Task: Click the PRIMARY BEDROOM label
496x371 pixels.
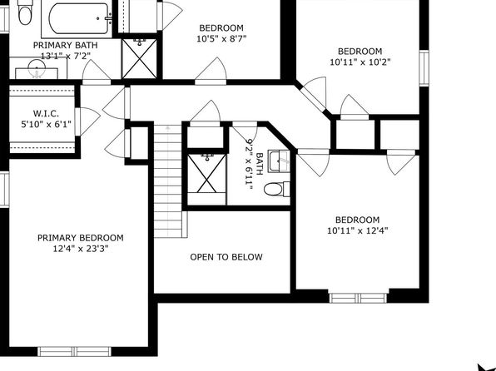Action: [x=81, y=238]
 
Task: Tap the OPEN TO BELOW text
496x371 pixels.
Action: [x=226, y=257]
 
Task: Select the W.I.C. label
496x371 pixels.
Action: [x=46, y=113]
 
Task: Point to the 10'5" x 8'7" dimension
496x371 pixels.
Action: [x=221, y=39]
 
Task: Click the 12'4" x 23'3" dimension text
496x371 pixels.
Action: [x=81, y=249]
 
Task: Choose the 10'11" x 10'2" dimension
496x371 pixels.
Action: [x=360, y=62]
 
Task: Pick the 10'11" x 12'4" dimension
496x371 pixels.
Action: [x=358, y=230]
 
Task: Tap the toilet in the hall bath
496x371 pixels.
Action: [x=276, y=189]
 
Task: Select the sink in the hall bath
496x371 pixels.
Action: [x=279, y=161]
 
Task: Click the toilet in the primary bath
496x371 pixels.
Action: [x=24, y=12]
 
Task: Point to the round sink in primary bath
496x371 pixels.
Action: [x=37, y=68]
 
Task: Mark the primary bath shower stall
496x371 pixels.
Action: [x=139, y=59]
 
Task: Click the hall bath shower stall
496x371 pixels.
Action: [x=207, y=180]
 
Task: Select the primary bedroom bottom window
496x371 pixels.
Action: [x=74, y=351]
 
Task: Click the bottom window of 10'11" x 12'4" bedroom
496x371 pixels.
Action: [x=358, y=298]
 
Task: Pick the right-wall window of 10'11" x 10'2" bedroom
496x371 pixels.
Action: [x=424, y=67]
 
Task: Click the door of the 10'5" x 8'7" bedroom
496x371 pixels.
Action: [x=211, y=72]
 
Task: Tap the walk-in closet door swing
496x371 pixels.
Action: [x=88, y=121]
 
